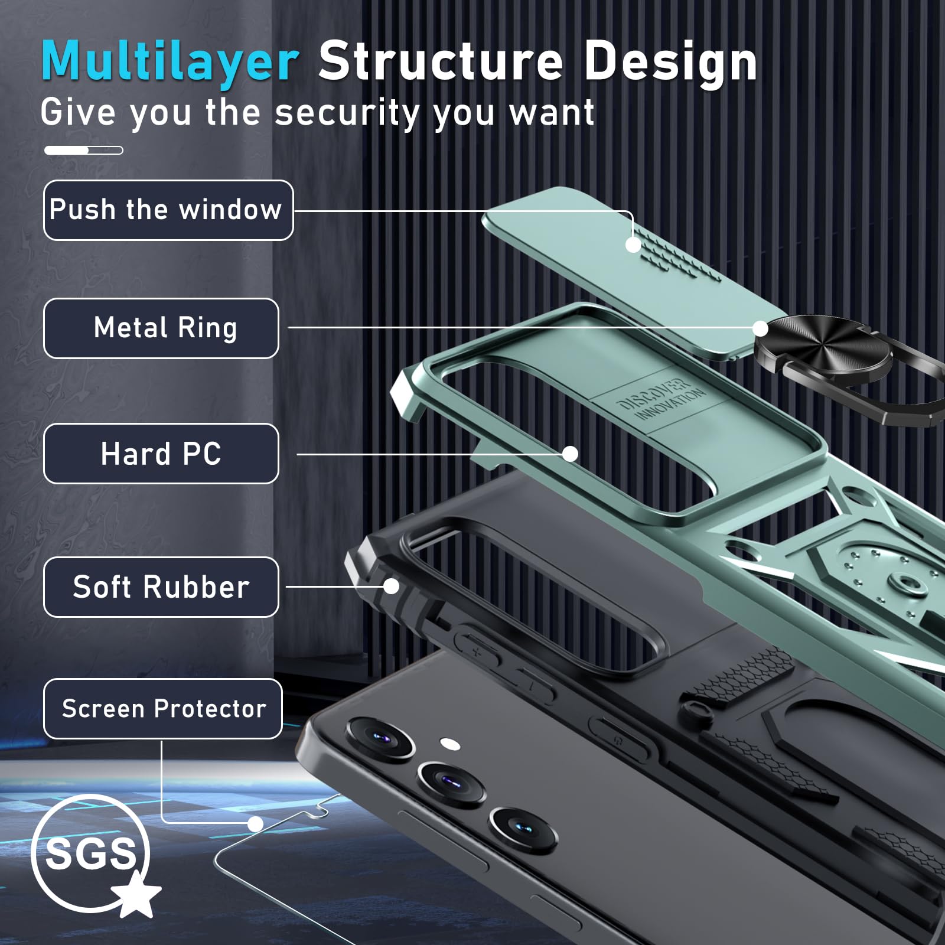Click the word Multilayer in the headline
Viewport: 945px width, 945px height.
click(170, 61)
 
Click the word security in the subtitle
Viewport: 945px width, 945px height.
click(347, 113)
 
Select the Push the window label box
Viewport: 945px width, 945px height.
click(168, 210)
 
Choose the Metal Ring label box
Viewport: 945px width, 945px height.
click(161, 328)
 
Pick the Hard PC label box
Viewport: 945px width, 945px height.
click(161, 454)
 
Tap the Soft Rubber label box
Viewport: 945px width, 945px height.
click(161, 587)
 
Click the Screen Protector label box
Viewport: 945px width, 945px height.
click(163, 709)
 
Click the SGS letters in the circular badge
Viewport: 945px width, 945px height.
click(90, 853)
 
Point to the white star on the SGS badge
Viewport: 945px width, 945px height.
click(136, 894)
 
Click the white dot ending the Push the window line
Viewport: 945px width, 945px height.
click(633, 245)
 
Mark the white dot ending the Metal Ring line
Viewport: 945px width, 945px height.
click(761, 328)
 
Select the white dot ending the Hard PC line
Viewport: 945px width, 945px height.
click(570, 454)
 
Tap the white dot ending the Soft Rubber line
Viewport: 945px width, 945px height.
click(391, 586)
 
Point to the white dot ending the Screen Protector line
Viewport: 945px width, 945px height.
click(255, 824)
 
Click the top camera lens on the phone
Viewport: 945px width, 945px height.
click(380, 739)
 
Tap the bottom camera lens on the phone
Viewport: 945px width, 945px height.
click(523, 829)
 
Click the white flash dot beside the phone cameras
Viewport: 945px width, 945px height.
click(450, 744)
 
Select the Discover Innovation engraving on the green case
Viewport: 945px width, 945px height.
click(660, 400)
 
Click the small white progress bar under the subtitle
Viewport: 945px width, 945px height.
click(84, 151)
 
